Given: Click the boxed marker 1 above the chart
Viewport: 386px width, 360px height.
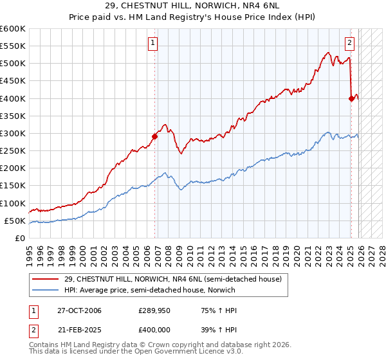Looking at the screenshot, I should point(153,44).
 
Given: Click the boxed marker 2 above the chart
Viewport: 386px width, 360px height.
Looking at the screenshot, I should point(349,44).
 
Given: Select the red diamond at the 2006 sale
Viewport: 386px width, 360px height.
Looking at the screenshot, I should point(155,136).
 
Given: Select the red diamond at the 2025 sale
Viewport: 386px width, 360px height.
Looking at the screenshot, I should point(351,98).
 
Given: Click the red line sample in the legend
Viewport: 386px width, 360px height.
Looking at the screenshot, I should point(46,280).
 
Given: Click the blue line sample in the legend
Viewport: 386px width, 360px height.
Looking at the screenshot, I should point(46,290).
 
